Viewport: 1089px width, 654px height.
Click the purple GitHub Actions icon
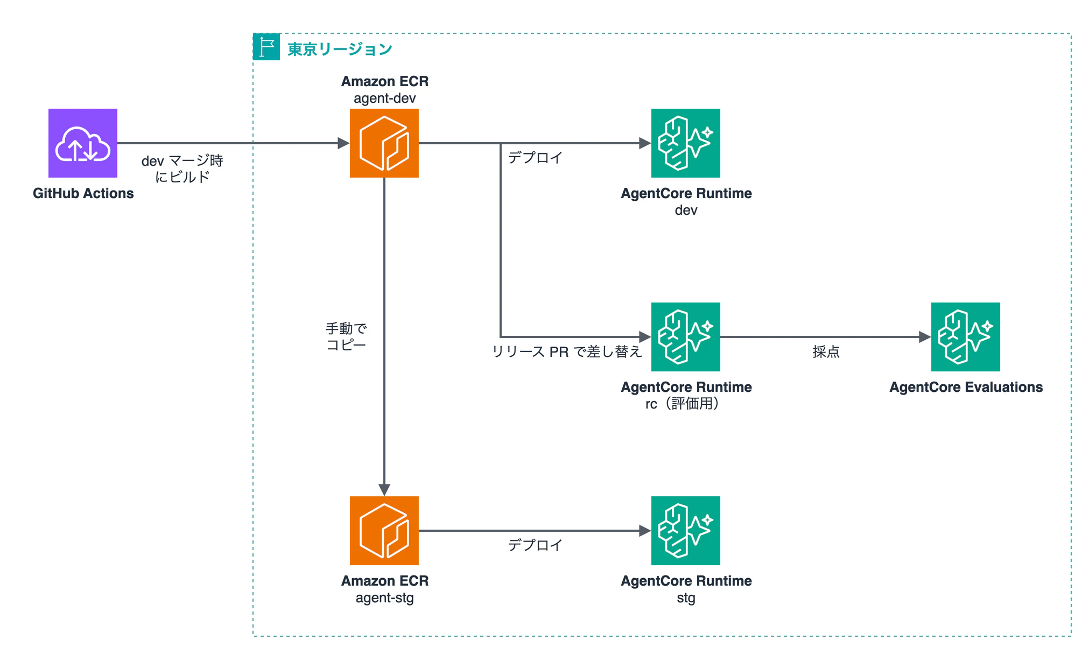click(83, 143)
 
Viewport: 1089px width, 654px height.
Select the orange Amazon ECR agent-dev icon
click(384, 143)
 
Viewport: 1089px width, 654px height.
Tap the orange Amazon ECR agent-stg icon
click(384, 531)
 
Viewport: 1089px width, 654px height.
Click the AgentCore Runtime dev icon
click(686, 143)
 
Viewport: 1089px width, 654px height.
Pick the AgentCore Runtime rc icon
click(686, 337)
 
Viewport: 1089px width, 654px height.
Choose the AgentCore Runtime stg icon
click(686, 531)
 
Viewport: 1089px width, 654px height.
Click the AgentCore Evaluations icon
click(966, 337)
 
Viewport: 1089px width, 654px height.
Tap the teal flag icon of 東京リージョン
click(266, 47)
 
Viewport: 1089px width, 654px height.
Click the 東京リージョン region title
click(340, 49)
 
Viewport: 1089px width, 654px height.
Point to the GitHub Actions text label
click(83, 193)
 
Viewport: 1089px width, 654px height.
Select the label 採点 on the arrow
click(826, 351)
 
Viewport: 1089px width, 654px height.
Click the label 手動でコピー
click(346, 336)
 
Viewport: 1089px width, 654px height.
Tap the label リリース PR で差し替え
click(567, 351)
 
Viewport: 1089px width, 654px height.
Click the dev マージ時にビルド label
click(182, 168)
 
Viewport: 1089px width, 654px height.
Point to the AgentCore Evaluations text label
click(966, 387)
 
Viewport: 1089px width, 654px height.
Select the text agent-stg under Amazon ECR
click(385, 598)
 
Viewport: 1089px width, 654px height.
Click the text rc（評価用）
click(683, 404)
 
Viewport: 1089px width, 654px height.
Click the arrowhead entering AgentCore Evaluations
click(925, 337)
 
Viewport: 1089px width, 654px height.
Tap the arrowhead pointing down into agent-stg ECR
click(384, 490)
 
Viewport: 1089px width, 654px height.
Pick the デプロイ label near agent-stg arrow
click(536, 545)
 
